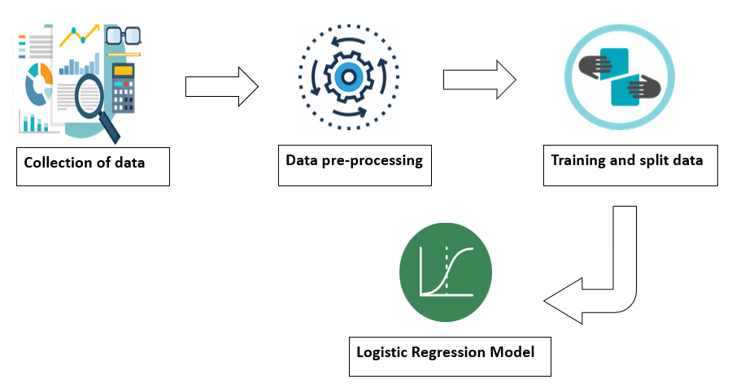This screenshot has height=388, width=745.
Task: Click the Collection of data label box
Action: tap(93, 166)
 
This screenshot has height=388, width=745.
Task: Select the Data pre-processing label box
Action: tap(355, 165)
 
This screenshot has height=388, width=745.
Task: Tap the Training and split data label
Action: tap(630, 166)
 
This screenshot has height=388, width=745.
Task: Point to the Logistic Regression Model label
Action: tap(449, 355)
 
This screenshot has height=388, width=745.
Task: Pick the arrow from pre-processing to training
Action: tap(479, 80)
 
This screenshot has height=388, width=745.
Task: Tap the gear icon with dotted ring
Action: tap(349, 77)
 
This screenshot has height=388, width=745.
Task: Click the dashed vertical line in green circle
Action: tap(447, 269)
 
